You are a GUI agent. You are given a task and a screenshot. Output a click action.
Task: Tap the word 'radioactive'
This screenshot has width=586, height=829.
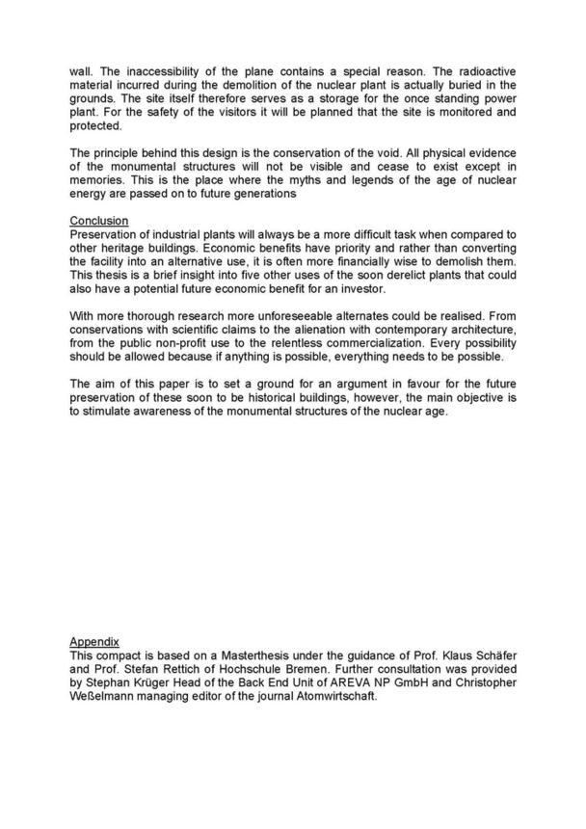pos(482,71)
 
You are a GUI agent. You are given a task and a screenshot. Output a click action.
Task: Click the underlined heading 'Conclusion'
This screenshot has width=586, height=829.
pos(98,222)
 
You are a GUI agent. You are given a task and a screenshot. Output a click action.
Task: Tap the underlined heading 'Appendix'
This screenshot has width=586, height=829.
pos(93,640)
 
